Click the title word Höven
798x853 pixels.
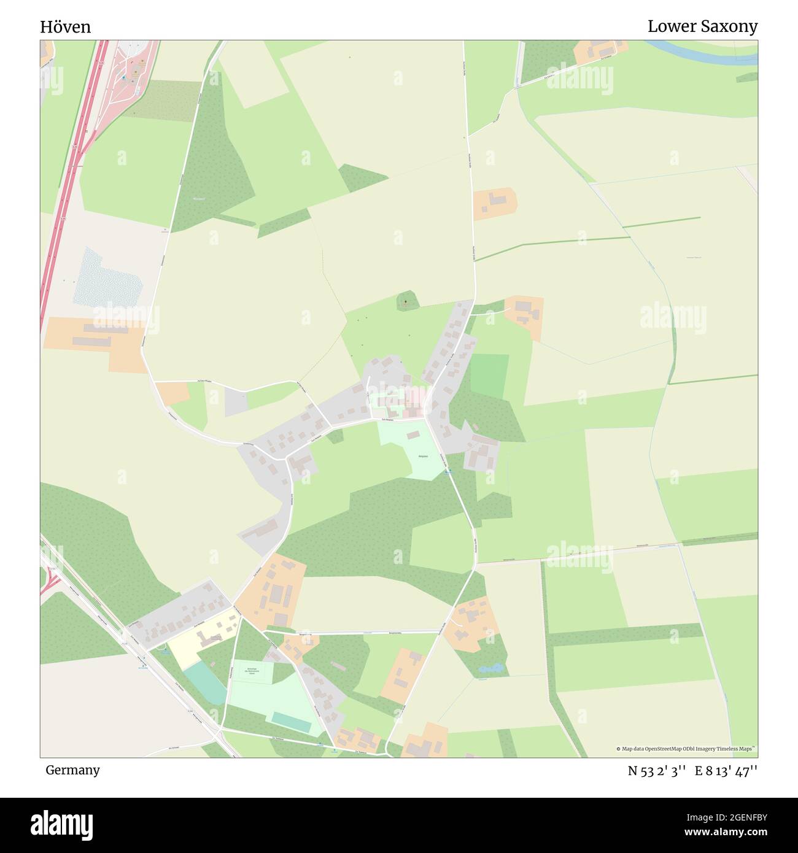[66, 27]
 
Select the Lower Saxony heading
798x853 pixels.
[702, 26]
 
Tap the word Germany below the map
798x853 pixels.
[72, 770]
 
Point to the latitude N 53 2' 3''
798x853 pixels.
[656, 771]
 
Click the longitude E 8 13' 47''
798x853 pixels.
[726, 771]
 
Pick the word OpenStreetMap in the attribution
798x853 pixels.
[662, 749]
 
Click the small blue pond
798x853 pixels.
[491, 668]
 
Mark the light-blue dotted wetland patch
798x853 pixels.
[107, 279]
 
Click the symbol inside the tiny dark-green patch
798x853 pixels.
[406, 302]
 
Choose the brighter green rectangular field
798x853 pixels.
[489, 376]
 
